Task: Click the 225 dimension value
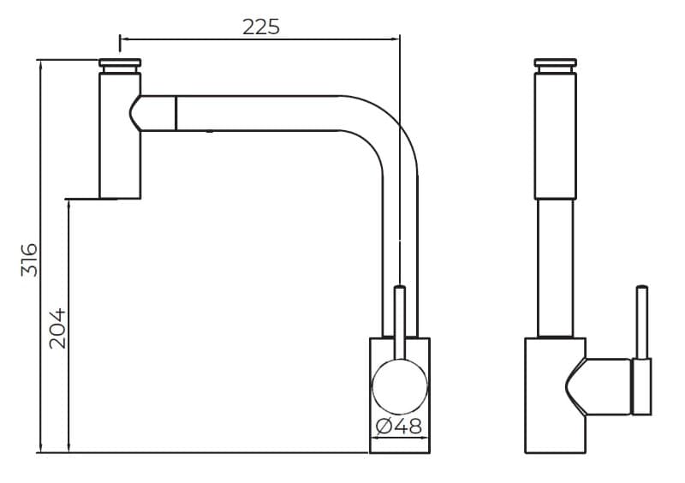(261, 27)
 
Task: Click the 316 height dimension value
(29, 259)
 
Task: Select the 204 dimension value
(57, 329)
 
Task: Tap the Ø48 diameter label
(399, 426)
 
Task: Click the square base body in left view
(400, 395)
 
